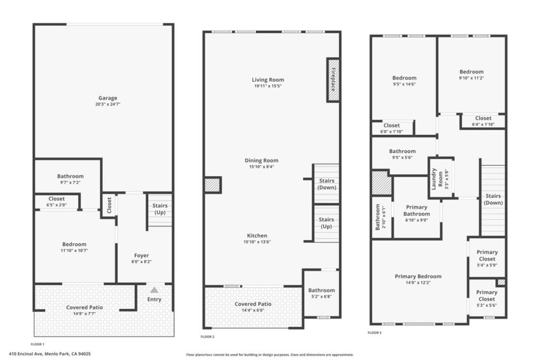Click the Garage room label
tap(108, 98)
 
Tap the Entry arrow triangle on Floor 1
tap(155, 290)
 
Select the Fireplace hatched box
tap(333, 80)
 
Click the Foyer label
tap(141, 255)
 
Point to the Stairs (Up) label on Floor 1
tap(160, 209)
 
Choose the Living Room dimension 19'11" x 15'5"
tap(268, 86)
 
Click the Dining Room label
tap(262, 160)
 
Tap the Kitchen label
tap(257, 236)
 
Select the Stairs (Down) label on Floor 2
tap(326, 184)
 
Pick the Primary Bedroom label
tap(418, 276)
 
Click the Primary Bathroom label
tap(417, 210)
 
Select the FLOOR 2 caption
tap(207, 337)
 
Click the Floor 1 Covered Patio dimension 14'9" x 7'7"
tap(84, 314)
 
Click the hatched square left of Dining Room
tap(213, 185)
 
